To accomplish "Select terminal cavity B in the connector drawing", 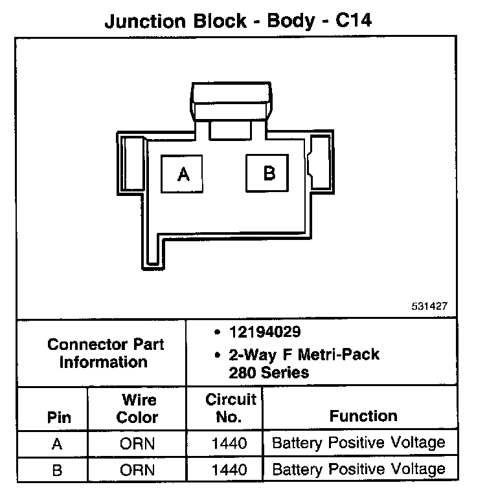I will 269,173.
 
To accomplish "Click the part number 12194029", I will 264,332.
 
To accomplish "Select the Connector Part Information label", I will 105,353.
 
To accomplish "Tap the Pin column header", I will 59,417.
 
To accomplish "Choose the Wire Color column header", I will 137,409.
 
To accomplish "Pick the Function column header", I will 363,416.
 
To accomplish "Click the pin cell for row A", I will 57,444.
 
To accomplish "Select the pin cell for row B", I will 57,470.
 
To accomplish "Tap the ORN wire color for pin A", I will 137,444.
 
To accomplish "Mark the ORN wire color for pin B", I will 137,470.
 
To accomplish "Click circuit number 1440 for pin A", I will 230,444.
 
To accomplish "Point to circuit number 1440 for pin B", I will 230,470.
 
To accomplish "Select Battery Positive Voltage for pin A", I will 359,444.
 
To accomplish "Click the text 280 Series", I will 269,373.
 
